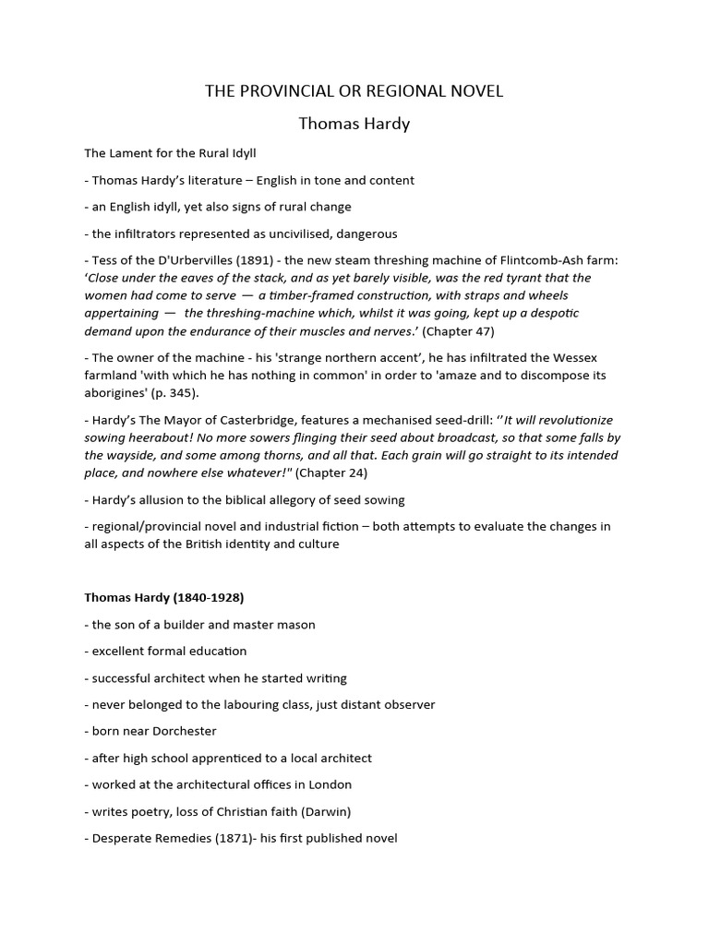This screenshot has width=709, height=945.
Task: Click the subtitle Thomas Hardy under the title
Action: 354,123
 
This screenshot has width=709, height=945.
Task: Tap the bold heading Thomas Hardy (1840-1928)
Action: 162,597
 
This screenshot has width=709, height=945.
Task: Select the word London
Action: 331,784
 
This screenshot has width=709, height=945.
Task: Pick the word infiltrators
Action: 151,233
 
